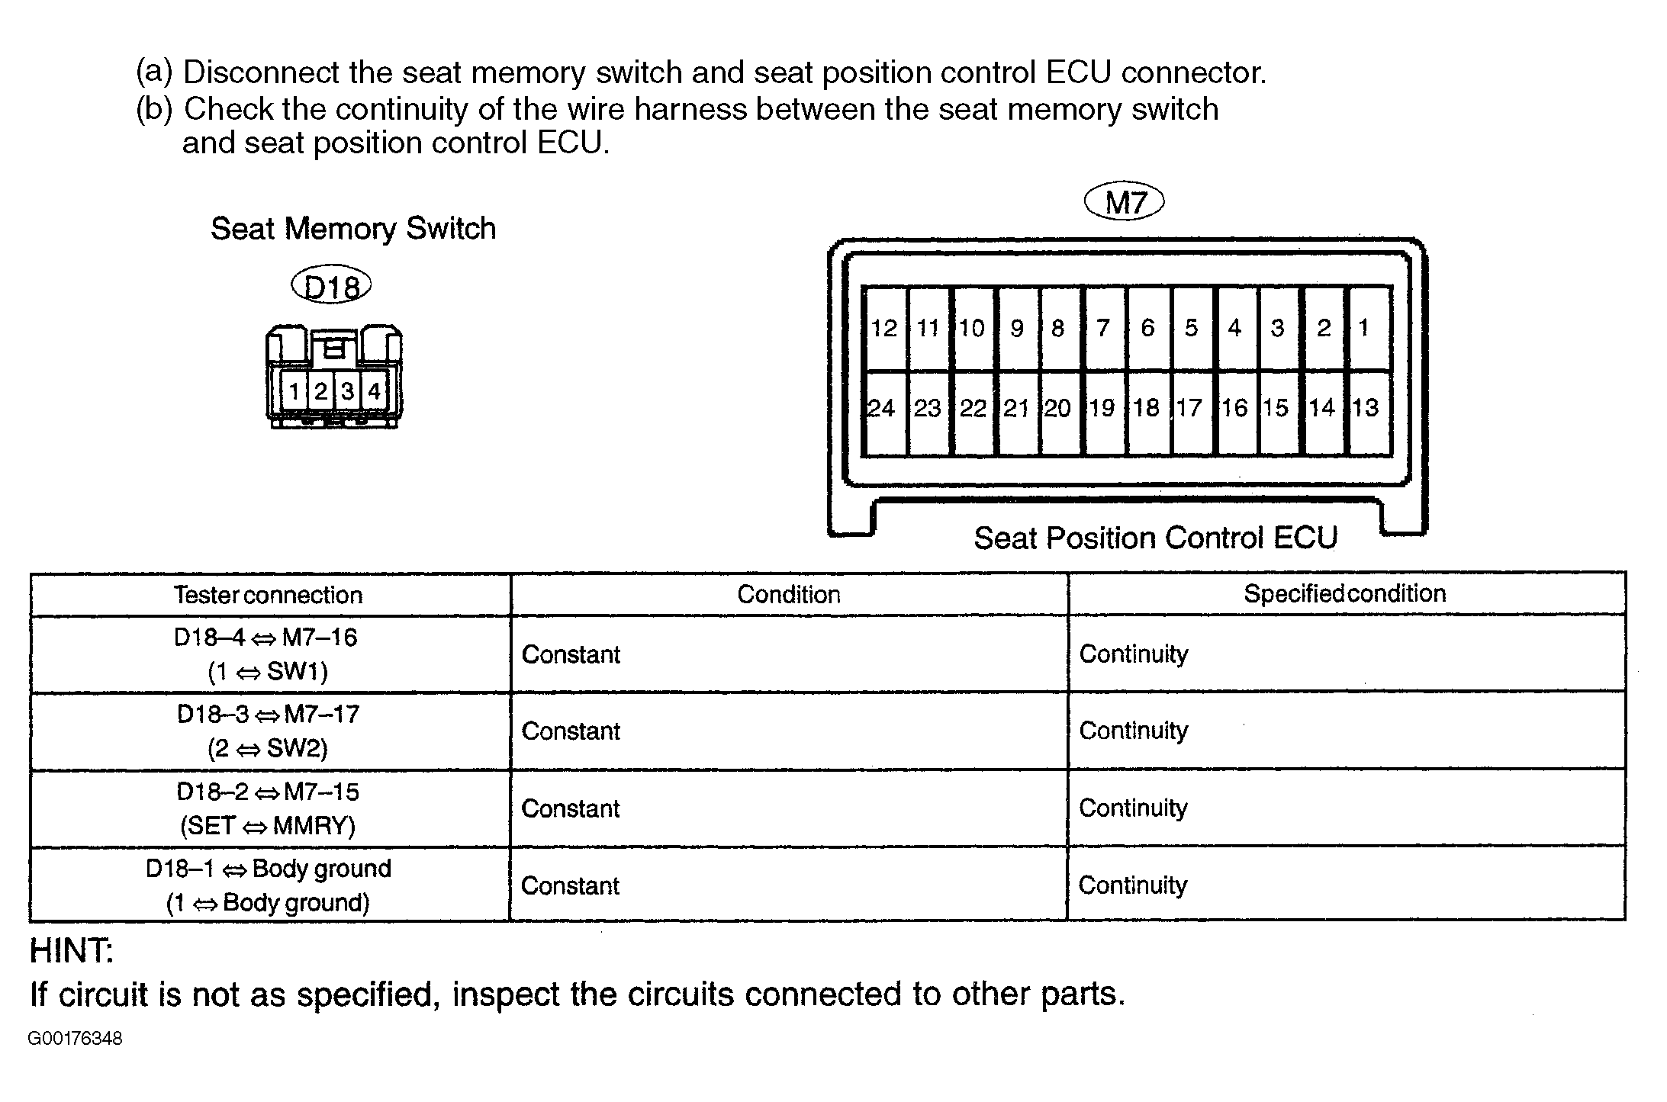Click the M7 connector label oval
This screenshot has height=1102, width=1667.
(x=1125, y=203)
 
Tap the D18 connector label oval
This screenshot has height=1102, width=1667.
(x=331, y=286)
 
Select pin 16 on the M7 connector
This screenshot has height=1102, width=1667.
(x=1234, y=409)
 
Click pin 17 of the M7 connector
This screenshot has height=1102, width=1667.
(x=1189, y=409)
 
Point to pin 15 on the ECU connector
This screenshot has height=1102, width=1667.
(x=1276, y=409)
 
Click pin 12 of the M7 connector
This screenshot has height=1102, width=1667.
(x=884, y=328)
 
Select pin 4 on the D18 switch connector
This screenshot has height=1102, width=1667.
(x=374, y=391)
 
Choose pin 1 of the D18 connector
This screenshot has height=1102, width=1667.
(x=294, y=391)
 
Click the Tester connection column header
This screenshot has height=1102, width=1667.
(x=268, y=595)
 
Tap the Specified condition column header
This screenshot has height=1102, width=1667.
(x=1344, y=593)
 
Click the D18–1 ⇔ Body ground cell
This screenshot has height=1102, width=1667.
(x=268, y=885)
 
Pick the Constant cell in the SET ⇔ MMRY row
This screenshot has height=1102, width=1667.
(x=571, y=808)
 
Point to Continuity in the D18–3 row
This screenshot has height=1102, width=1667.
(x=1134, y=731)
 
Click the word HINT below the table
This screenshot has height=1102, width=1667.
(x=71, y=951)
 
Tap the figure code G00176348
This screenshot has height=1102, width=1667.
(x=75, y=1039)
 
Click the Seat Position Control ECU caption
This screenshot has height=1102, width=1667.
(x=1155, y=538)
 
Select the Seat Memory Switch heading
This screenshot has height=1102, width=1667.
(x=353, y=229)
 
